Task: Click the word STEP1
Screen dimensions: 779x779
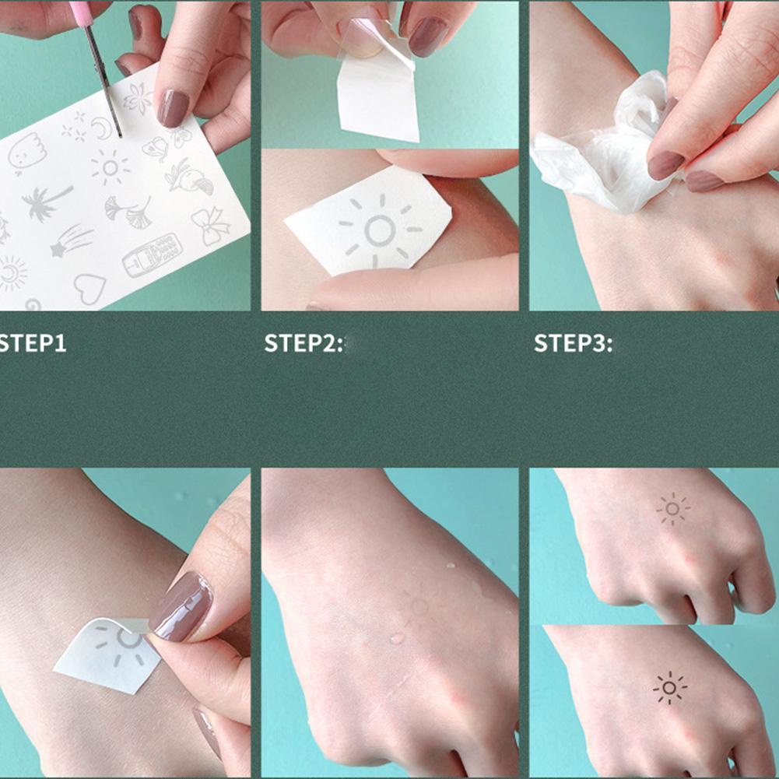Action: pyautogui.click(x=32, y=343)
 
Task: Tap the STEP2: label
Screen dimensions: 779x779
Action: pyautogui.click(x=303, y=343)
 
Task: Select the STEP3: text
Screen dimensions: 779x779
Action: pyautogui.click(x=573, y=343)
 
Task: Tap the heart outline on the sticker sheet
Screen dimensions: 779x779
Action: pyautogui.click(x=89, y=288)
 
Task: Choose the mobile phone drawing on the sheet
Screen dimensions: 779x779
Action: pyautogui.click(x=153, y=254)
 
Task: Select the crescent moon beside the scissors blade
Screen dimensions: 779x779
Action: pyautogui.click(x=102, y=128)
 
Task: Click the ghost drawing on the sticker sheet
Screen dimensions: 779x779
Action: pyautogui.click(x=26, y=153)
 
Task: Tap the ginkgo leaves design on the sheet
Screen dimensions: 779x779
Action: pyautogui.click(x=128, y=209)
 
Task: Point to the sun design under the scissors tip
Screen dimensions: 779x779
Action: pyautogui.click(x=110, y=167)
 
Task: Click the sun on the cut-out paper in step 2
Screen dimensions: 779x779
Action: pyautogui.click(x=380, y=230)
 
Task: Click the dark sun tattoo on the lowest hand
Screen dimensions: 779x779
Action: pyautogui.click(x=669, y=688)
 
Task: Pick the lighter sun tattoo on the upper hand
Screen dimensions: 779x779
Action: pyautogui.click(x=672, y=508)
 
